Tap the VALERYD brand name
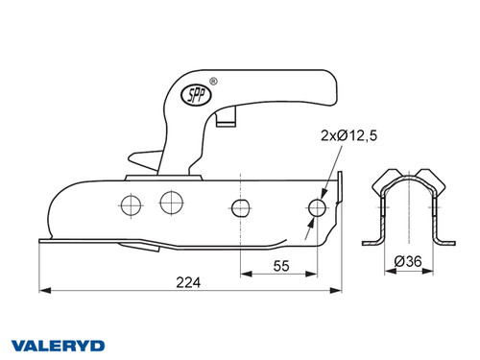[57, 344]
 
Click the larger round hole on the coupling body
[173, 201]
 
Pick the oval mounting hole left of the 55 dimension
[241, 207]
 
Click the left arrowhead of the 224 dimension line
[42, 289]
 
